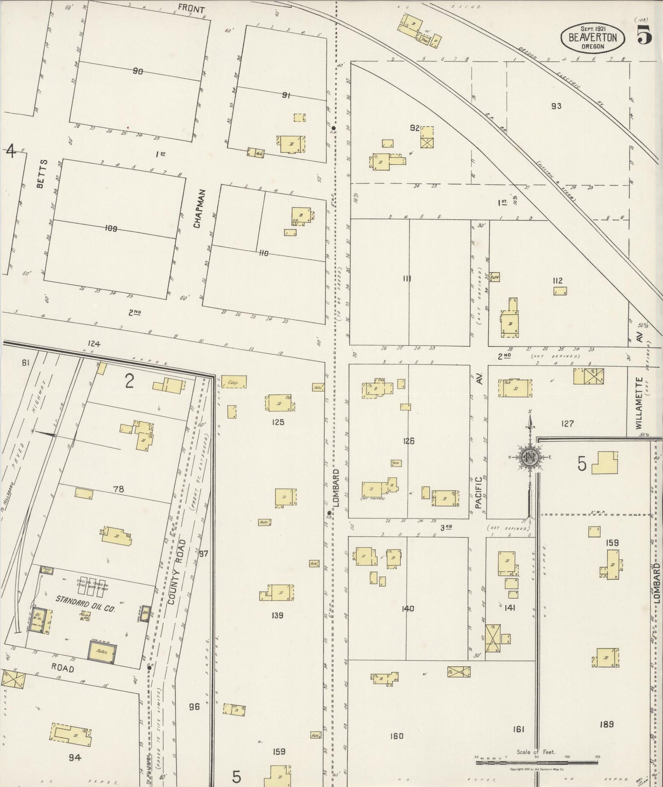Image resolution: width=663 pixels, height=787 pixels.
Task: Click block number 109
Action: (111, 228)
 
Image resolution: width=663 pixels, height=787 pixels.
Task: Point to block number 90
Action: (138, 71)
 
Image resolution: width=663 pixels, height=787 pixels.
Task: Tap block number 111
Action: (407, 279)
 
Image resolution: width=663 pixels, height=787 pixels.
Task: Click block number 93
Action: (556, 106)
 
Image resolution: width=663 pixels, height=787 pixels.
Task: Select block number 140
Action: (407, 608)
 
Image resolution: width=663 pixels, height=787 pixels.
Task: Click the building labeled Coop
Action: (234, 382)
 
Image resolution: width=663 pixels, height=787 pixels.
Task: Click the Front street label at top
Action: (191, 8)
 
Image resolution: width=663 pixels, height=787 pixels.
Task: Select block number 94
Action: (74, 757)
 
